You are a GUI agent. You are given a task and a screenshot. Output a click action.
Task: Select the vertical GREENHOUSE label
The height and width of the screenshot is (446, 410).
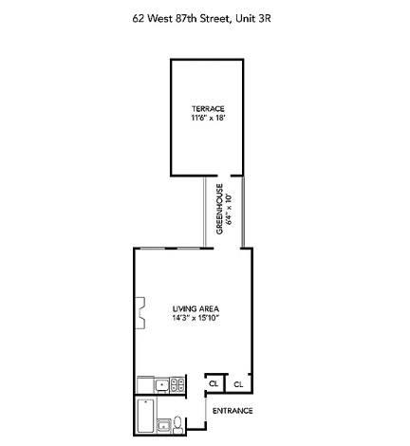click(219, 209)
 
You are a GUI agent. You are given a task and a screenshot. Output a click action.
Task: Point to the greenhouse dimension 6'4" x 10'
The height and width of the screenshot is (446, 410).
click(229, 209)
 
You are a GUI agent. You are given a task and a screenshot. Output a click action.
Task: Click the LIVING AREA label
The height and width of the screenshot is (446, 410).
click(197, 309)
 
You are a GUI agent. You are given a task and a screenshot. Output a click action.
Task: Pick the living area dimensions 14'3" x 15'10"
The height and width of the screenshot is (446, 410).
click(197, 319)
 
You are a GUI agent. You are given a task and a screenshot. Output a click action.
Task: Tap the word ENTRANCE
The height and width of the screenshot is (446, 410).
click(232, 411)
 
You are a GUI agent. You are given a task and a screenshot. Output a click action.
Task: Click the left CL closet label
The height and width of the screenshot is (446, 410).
click(214, 384)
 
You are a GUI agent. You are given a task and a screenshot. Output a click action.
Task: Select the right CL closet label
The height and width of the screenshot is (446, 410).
click(237, 384)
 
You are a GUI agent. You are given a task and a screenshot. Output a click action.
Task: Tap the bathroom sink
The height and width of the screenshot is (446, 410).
click(163, 424)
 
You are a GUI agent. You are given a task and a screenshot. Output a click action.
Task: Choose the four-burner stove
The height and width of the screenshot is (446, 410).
click(177, 384)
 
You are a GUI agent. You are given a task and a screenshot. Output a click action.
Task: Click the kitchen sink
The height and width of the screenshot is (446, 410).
click(162, 384)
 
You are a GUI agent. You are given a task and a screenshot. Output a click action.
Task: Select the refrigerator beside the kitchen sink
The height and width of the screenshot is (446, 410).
click(145, 384)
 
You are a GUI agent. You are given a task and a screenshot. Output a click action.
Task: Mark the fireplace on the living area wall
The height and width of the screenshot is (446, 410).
click(140, 313)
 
